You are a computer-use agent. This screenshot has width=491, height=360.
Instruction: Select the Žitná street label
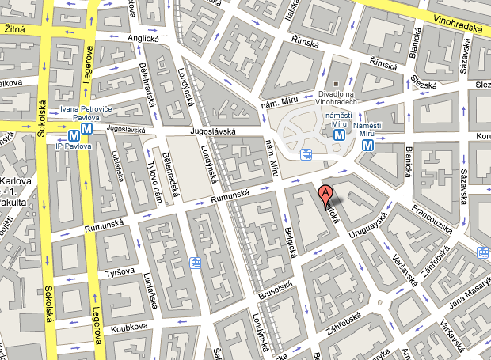(x=15, y=29)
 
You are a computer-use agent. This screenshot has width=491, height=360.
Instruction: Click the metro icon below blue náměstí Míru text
(x=339, y=135)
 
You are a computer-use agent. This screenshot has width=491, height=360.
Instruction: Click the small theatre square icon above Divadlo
(x=336, y=84)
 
